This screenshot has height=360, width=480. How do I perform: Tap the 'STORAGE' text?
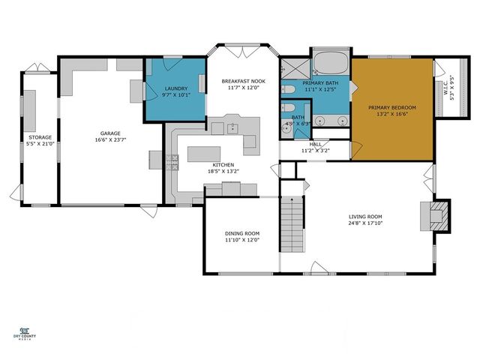click(40, 138)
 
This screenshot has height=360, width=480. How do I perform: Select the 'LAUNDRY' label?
click(175, 88)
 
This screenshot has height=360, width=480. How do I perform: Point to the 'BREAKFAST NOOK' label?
click(242, 81)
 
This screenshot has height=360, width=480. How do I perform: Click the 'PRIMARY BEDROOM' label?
click(391, 107)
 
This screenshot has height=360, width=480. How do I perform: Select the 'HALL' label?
click(315, 144)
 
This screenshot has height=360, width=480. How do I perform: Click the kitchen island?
click(210, 153)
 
